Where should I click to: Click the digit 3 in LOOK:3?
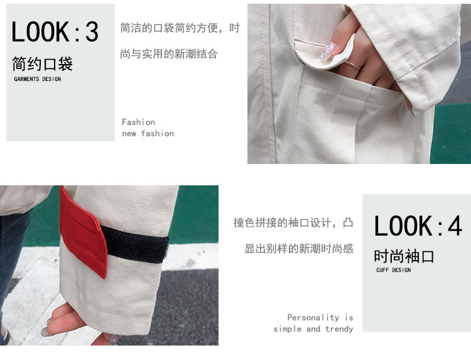pos(92,32)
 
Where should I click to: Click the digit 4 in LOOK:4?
pos(455,226)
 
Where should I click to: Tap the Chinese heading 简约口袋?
pos(42,63)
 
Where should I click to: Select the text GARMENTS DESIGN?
pos(38,79)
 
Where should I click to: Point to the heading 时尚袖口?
pos(404,256)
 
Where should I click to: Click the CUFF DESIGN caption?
pos(394,270)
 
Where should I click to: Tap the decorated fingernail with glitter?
pos(328,52)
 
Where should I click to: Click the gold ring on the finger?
pos(354,65)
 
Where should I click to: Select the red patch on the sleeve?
pos(83,231)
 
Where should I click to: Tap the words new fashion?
pos(148,133)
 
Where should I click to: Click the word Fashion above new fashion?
pos(139,122)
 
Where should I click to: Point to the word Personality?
pos(313,318)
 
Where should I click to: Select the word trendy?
pos(339,329)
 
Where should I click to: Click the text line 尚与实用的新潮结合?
pos(169,54)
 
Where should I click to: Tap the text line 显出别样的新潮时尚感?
pos(299,249)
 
